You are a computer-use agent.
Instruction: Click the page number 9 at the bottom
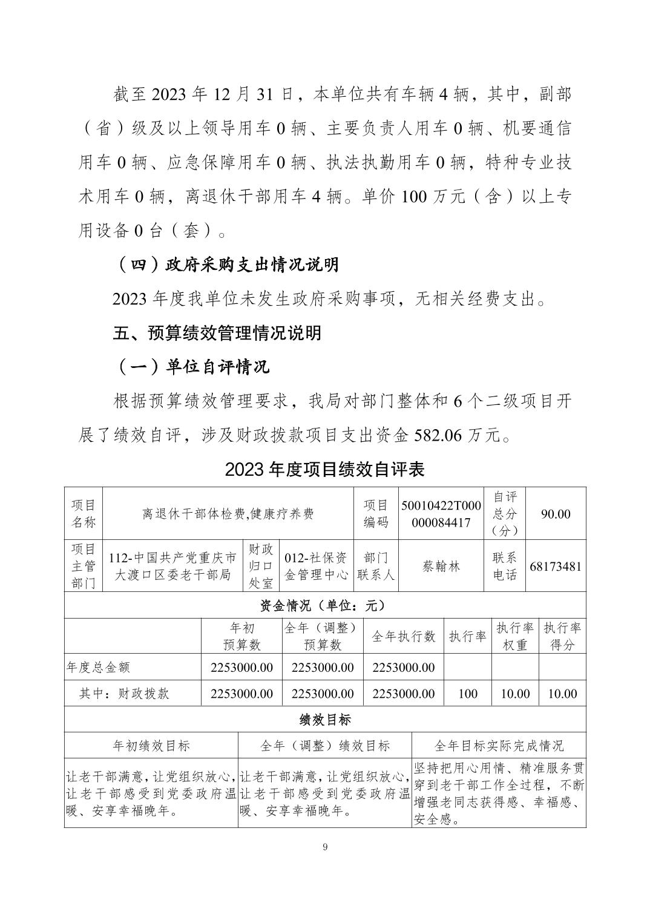[325, 847]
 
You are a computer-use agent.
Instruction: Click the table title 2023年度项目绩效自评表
[325, 469]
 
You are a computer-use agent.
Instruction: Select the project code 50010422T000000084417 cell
[441, 514]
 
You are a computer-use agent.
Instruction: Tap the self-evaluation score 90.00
[556, 514]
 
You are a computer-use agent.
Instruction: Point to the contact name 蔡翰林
[441, 566]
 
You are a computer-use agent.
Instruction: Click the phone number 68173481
[556, 567]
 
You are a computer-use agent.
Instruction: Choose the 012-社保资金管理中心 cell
[317, 566]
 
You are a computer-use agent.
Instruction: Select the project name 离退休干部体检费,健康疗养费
[228, 514]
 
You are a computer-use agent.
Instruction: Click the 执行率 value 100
[467, 694]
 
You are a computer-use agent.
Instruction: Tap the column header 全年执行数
[404, 636]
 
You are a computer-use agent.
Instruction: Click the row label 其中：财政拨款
[124, 694]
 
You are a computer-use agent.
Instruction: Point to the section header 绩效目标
[325, 720]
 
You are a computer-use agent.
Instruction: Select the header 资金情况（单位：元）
[325, 605]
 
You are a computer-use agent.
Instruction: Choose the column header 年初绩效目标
[151, 746]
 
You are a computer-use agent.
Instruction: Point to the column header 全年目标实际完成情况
[499, 746]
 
